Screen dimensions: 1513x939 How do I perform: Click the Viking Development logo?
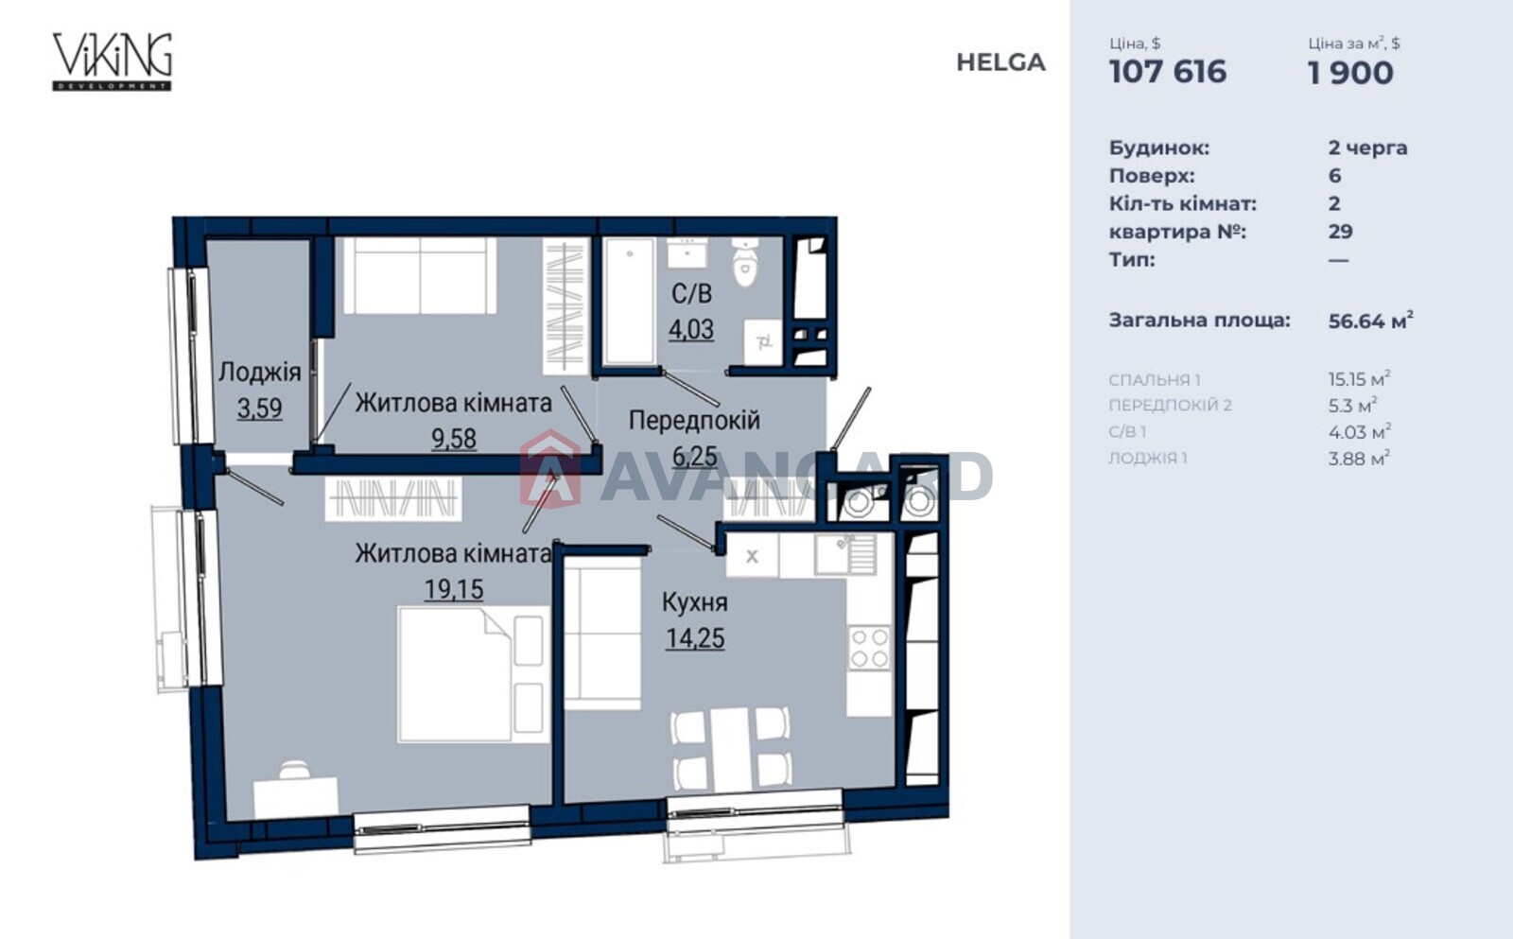pyautogui.click(x=113, y=61)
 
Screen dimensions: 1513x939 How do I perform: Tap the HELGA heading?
pyautogui.click(x=1000, y=62)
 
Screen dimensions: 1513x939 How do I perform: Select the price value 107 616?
pyautogui.click(x=1167, y=72)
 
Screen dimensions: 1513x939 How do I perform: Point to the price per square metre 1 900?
pyautogui.click(x=1350, y=73)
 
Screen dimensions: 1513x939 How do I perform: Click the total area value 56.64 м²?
pyautogui.click(x=1370, y=321)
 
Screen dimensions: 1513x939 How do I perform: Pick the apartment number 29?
pyautogui.click(x=1340, y=232)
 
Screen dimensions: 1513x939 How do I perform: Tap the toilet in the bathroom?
pyautogui.click(x=745, y=261)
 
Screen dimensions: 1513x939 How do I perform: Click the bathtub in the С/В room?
pyautogui.click(x=630, y=302)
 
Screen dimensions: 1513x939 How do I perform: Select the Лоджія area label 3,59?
pyautogui.click(x=259, y=408)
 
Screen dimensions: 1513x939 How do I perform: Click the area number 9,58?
pyautogui.click(x=454, y=439)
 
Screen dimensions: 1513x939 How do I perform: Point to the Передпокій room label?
pyautogui.click(x=694, y=420)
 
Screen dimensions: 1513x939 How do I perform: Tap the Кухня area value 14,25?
pyautogui.click(x=695, y=637)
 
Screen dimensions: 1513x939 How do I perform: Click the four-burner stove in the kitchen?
pyautogui.click(x=869, y=648)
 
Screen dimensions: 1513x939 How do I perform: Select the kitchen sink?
pyautogui.click(x=845, y=554)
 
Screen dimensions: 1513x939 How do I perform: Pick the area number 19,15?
pyautogui.click(x=454, y=589)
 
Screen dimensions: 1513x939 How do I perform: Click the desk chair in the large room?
pyautogui.click(x=294, y=770)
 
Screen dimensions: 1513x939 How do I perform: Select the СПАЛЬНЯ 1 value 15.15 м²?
pyautogui.click(x=1359, y=378)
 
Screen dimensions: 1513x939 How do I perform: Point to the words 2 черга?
pyautogui.click(x=1367, y=148)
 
